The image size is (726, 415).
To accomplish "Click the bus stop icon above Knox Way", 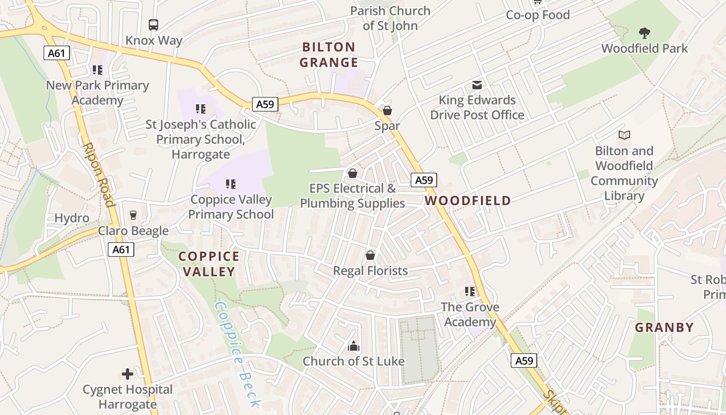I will coord(153,24).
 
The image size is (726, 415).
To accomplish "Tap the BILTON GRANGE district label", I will coord(329,55).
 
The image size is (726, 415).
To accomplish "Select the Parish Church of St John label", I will coord(390,18).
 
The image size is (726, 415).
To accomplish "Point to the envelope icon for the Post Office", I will coord(477,85).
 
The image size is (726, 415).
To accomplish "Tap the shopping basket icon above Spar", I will coord(387,110).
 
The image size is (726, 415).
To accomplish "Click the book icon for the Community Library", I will coord(624,135).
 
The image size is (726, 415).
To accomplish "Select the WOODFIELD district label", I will coord(468,201).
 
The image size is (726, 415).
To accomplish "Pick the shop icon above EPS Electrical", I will coord(353,173).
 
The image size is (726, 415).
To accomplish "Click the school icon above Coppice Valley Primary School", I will coord(231,184).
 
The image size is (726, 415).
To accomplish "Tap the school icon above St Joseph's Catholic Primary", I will coord(201,109).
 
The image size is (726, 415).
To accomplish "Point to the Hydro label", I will coord(72,218).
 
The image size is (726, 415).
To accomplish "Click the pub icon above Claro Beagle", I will coord(133,215).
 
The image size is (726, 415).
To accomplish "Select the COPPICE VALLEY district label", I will coord(209,264).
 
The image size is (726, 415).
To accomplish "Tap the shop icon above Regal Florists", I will coord(370,255).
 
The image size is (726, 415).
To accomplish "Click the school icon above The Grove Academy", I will coord(470,292).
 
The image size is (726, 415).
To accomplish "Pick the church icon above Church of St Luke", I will coord(354,346).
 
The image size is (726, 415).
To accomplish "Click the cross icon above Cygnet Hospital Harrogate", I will coord(128,374).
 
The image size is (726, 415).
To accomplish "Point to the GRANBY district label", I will coord(664,327).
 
